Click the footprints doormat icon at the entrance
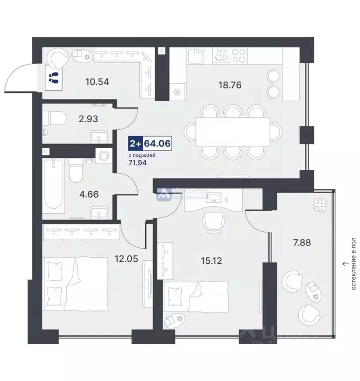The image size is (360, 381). click(x=53, y=77)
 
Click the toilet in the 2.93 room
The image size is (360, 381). click(x=53, y=120)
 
